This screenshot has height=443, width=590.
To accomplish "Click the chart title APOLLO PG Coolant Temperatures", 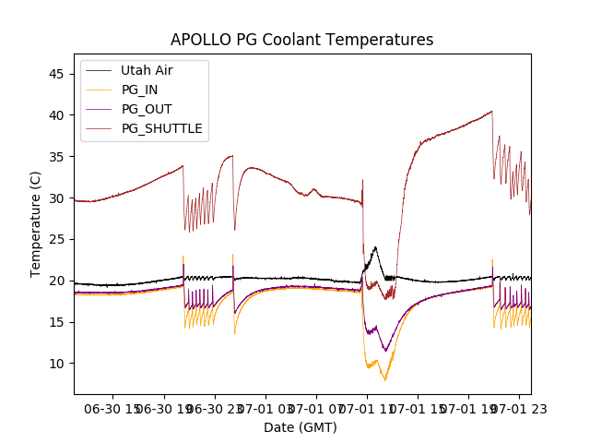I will [301, 41].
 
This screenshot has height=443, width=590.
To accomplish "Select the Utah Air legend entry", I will [147, 70].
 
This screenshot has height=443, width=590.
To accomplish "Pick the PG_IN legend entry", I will [141, 90].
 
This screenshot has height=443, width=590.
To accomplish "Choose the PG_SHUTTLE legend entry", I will [161, 128].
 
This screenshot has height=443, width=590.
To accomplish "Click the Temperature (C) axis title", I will [37, 224].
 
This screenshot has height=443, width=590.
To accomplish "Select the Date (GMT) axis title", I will [301, 427].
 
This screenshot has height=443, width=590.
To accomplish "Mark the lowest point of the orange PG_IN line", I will [385, 380].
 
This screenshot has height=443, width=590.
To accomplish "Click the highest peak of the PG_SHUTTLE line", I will [491, 112].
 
